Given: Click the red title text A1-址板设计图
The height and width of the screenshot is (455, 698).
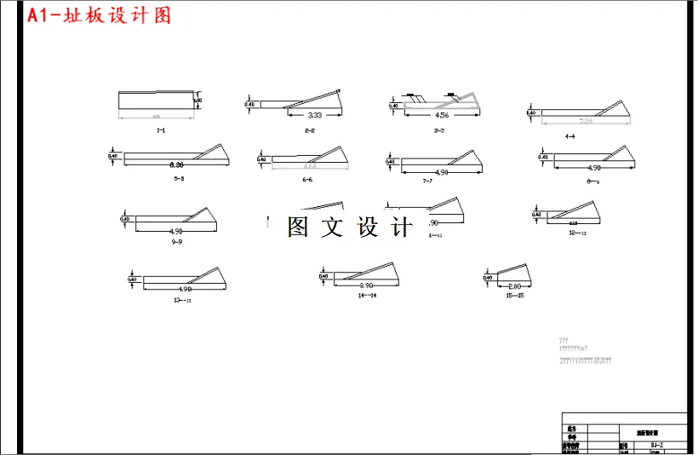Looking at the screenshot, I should click(99, 16).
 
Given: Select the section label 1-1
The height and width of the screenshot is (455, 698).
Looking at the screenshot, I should click(160, 130).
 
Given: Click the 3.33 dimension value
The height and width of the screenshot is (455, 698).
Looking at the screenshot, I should click(314, 115).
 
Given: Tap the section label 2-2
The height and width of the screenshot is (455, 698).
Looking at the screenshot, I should click(309, 130).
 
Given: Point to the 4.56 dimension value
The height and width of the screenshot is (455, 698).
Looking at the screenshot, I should click(442, 115).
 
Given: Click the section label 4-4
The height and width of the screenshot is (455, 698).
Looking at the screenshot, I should click(569, 136).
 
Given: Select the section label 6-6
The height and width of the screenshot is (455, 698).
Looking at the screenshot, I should click(306, 180).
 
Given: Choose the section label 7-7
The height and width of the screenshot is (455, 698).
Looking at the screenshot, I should click(427, 181).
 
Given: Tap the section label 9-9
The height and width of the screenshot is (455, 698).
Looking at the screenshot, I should click(177, 242).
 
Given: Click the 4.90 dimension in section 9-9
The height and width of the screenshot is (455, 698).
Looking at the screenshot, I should click(177, 232).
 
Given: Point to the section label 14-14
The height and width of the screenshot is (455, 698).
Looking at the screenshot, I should click(367, 295).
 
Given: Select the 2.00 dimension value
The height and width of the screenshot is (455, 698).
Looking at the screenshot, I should click(513, 286).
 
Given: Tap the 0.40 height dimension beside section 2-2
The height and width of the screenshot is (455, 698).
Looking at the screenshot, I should click(249, 105).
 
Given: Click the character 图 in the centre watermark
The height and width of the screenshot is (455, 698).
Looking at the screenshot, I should click(298, 227).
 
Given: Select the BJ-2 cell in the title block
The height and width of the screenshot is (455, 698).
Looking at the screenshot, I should click(655, 445).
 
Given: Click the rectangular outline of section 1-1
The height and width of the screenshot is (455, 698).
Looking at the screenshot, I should click(158, 101).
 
